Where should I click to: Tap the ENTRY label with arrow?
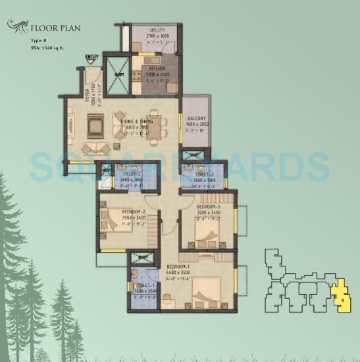[91, 58]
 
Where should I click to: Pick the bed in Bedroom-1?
[205, 290]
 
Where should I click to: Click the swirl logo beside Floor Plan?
[18, 26]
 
